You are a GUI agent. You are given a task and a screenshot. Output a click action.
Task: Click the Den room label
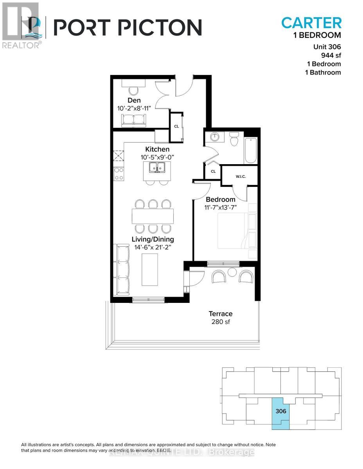pos(135,100)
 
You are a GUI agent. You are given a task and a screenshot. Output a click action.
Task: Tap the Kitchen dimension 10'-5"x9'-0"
pos(157,158)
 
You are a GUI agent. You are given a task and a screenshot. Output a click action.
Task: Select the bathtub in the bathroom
pos(251,150)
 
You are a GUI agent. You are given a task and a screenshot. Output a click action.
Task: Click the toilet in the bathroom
pos(234,139)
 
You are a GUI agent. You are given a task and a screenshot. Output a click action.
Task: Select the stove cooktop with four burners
pos(119,174)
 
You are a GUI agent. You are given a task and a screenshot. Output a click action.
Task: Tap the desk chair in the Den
pos(133,91)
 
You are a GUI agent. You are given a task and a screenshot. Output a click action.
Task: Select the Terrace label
pos(220,313)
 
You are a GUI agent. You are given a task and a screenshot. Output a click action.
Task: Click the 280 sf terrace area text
pos(220,322)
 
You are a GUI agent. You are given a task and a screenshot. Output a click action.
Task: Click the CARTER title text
pos(311,23)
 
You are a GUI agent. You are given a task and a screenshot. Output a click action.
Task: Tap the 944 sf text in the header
pos(331,55)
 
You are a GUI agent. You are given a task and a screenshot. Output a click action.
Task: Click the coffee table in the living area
pos(149,270)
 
